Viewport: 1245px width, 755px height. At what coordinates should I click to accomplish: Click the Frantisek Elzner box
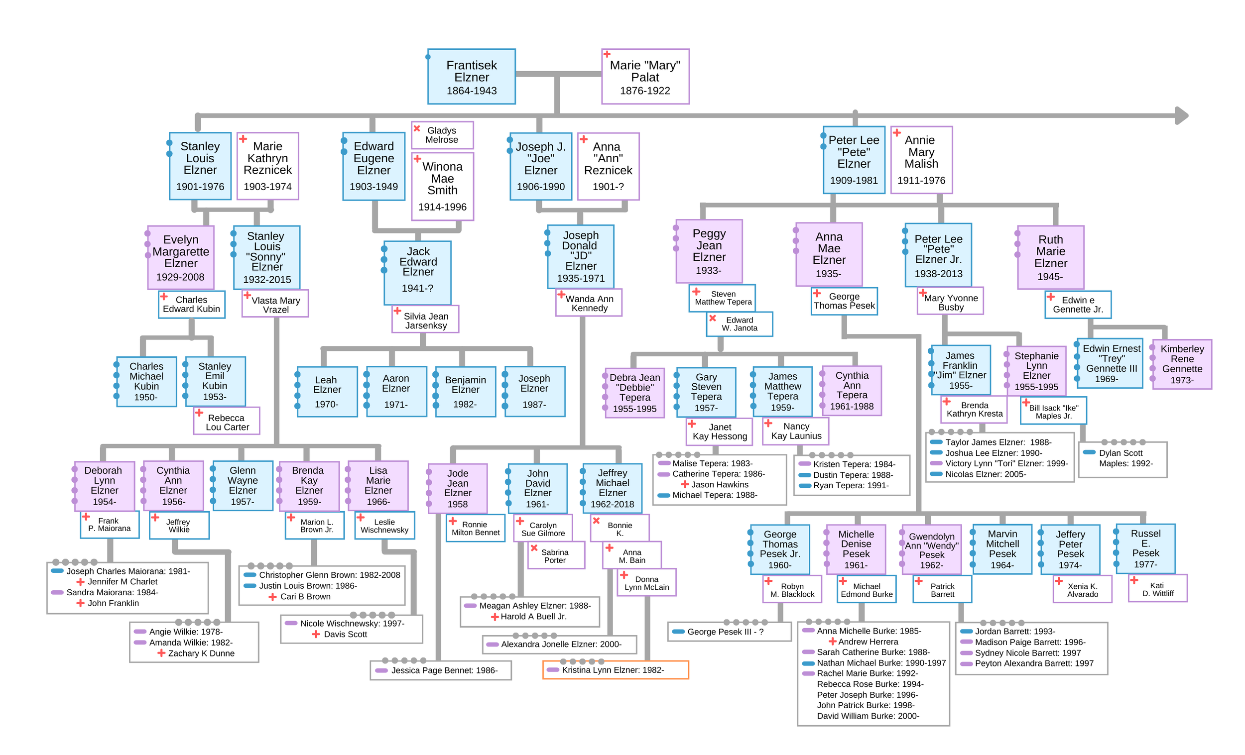point(471,76)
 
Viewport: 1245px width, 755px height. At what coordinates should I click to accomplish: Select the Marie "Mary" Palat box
point(645,76)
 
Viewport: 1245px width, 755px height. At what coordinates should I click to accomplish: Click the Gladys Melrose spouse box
point(442,135)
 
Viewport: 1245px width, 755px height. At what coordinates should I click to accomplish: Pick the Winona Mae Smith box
point(442,186)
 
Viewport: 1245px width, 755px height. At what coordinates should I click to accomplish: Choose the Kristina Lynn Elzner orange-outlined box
point(615,670)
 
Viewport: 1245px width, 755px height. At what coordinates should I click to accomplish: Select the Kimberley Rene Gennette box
point(1181,364)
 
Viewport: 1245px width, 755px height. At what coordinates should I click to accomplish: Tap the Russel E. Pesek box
point(1145,548)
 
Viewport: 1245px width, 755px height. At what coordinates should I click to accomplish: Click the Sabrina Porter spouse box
point(555,555)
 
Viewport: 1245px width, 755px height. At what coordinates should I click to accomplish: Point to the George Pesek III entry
point(729,631)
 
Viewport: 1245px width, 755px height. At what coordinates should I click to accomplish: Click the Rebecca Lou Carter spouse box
point(227,421)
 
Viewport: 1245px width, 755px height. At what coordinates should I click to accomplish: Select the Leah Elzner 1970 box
point(327,391)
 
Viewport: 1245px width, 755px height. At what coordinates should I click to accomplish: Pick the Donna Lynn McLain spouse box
point(646,583)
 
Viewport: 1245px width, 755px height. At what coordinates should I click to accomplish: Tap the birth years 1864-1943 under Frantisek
point(471,91)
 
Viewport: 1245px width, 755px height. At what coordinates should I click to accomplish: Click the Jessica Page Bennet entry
point(440,670)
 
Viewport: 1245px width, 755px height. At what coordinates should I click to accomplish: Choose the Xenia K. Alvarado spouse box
point(1082,589)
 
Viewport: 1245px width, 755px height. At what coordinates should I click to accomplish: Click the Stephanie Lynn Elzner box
point(1036,371)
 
